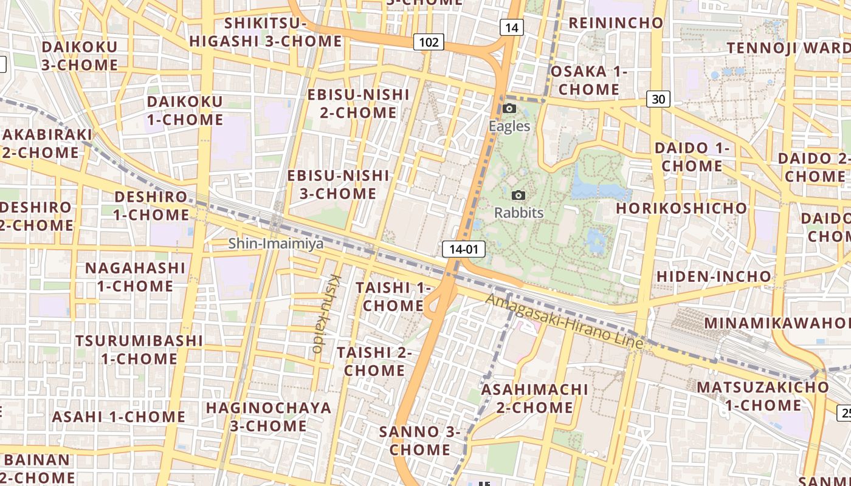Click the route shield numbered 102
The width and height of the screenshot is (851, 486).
[x=429, y=42]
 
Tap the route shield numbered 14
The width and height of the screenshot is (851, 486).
[x=511, y=27]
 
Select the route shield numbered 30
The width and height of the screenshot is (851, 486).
[x=658, y=98]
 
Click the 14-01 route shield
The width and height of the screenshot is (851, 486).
[x=464, y=248]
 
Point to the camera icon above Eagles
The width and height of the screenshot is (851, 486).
[x=509, y=109]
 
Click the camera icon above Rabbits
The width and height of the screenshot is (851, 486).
[x=519, y=195]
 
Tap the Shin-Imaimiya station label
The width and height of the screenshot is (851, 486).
[x=276, y=244]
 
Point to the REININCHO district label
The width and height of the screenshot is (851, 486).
[x=616, y=23]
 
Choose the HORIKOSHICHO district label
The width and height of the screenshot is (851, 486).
[x=681, y=208]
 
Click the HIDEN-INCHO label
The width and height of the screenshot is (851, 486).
[x=714, y=276]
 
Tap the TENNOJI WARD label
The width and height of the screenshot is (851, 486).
[x=788, y=47]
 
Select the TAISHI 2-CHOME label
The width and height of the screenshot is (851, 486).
[x=374, y=361]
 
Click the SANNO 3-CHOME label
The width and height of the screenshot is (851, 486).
[x=419, y=440]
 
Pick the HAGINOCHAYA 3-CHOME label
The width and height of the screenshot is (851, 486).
[x=269, y=416]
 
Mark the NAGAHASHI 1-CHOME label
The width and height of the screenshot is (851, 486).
[x=135, y=276]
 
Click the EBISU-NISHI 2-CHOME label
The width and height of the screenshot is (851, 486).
[x=358, y=103]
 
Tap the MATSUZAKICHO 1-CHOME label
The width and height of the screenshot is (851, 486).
[x=762, y=395]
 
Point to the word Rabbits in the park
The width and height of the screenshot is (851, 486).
[x=519, y=213]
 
